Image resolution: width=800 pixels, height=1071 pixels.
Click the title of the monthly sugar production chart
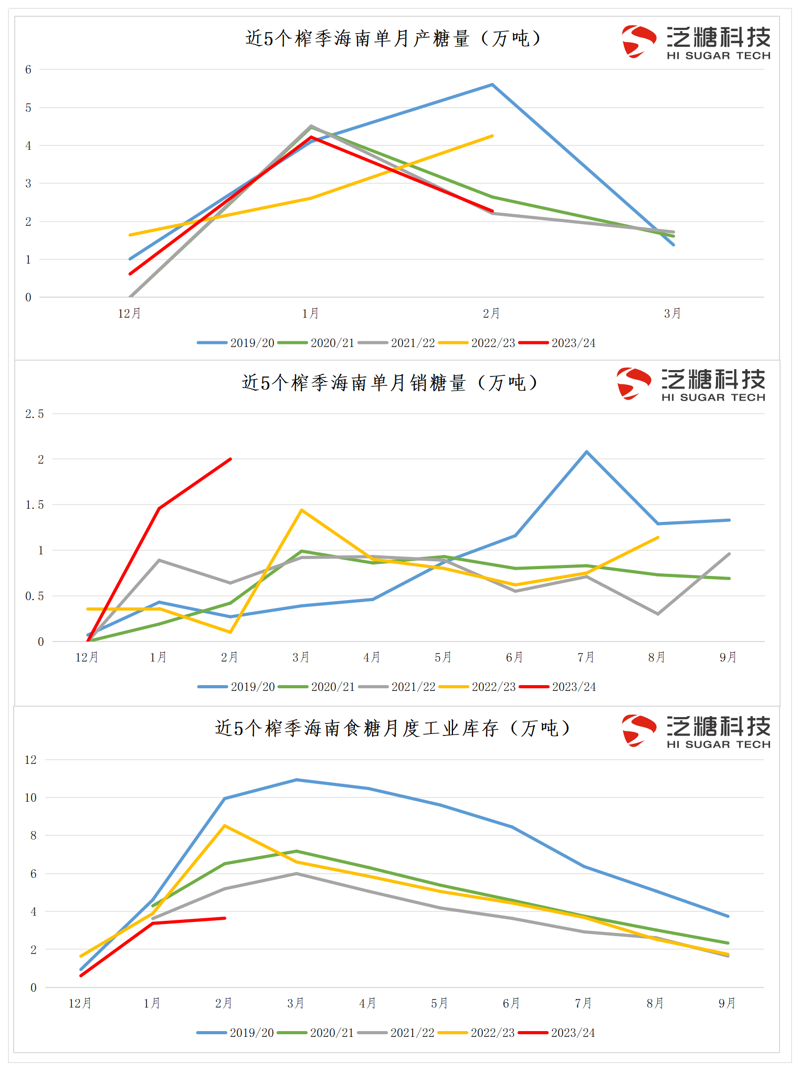[393, 38]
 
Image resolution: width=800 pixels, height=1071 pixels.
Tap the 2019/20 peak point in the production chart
[492, 85]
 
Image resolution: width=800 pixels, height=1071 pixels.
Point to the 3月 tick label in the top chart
[672, 314]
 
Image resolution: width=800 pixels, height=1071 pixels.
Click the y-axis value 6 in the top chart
[28, 69]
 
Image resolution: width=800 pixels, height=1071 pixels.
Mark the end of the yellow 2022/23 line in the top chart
[492, 136]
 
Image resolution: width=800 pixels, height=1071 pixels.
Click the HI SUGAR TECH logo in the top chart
[696, 41]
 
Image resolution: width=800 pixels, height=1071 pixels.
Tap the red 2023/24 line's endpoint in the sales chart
[230, 459]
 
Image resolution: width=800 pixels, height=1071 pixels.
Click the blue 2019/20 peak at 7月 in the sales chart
[586, 451]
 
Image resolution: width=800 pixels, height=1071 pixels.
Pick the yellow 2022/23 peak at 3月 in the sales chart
[301, 510]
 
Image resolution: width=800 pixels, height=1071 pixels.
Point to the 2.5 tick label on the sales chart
[35, 414]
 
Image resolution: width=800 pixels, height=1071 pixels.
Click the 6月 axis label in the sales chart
[514, 657]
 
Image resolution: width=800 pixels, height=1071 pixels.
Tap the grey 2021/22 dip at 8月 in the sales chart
[658, 614]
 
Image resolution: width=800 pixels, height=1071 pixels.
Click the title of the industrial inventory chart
[393, 728]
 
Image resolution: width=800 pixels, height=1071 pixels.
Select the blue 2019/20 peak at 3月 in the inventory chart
[296, 780]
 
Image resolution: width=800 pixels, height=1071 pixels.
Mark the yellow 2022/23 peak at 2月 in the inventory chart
[225, 826]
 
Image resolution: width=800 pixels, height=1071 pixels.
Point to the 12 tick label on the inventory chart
[31, 760]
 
